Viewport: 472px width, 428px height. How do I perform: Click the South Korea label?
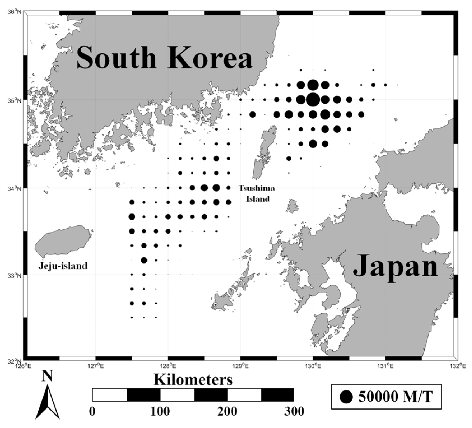(164, 58)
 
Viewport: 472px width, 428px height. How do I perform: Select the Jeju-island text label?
(63, 265)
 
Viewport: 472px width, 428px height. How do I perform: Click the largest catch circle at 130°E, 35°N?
(313, 99)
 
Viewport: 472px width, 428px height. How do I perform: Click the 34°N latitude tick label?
(17, 188)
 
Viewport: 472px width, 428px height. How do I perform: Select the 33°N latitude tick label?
(17, 275)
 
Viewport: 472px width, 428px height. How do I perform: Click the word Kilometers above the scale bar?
(193, 380)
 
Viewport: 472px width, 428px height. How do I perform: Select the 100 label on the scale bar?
(160, 411)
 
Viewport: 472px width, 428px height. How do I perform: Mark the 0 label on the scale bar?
(92, 411)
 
